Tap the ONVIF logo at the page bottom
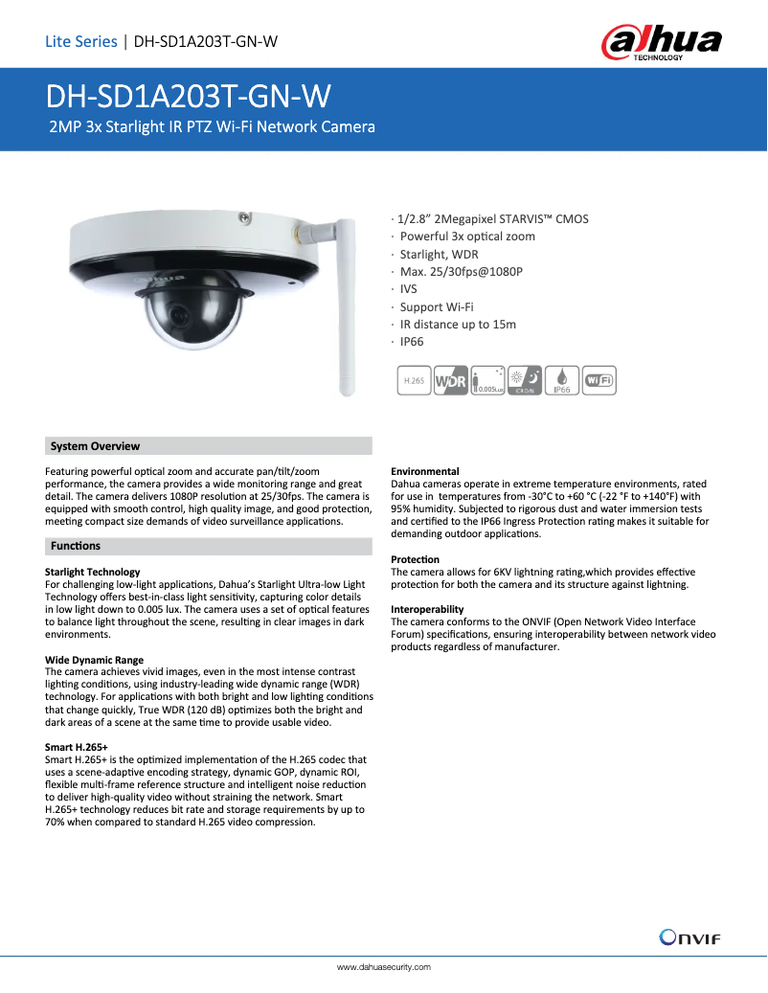689,936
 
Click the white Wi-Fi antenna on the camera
343,306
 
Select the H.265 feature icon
414,380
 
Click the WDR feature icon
451,380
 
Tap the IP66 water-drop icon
562,380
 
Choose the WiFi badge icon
599,380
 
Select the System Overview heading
95,446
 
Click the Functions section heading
75,546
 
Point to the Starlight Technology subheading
92,572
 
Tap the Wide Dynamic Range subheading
94,660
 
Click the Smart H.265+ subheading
77,747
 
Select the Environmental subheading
424,471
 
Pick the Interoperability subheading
427,609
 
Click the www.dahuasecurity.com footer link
384,967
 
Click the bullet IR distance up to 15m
457,325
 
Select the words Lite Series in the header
80,41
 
